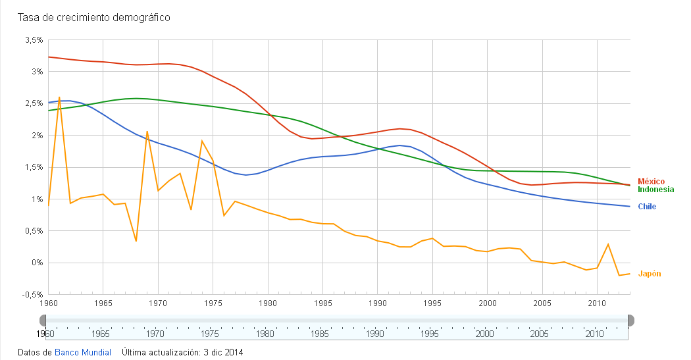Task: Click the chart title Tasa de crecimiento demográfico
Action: [x=94, y=18]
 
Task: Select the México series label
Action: [x=651, y=181]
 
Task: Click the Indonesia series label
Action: [x=655, y=190]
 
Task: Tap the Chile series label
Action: [x=647, y=207]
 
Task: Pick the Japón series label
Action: [x=649, y=274]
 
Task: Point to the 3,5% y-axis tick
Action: [x=34, y=40]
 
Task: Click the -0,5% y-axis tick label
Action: [x=32, y=294]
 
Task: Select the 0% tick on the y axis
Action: [x=36, y=263]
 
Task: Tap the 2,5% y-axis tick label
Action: [x=34, y=103]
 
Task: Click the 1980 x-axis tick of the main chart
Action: [x=267, y=303]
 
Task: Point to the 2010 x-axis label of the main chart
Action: [x=596, y=303]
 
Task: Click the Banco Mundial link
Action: [x=83, y=352]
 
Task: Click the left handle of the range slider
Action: [x=43, y=321]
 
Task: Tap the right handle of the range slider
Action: [x=630, y=321]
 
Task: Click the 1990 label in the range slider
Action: [x=376, y=334]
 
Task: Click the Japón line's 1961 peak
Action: [x=59, y=97]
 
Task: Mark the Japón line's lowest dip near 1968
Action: [x=136, y=241]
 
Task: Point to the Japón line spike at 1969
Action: [x=147, y=132]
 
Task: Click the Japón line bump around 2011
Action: [x=608, y=244]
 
